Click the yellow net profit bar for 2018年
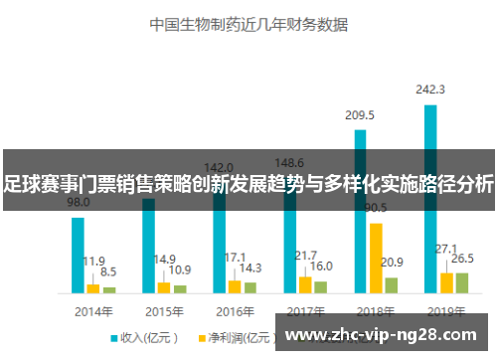(x=376, y=259)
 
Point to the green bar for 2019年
(x=461, y=282)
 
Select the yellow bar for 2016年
(x=235, y=286)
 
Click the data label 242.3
(x=430, y=90)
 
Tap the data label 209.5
(x=360, y=115)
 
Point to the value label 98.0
(x=78, y=202)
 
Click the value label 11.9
(x=93, y=261)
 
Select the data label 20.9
(x=392, y=263)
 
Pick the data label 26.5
(x=462, y=258)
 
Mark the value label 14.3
(x=250, y=269)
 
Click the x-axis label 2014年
(x=93, y=309)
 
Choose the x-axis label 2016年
(x=235, y=309)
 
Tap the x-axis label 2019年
(x=446, y=309)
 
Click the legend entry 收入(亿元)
(x=145, y=337)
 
